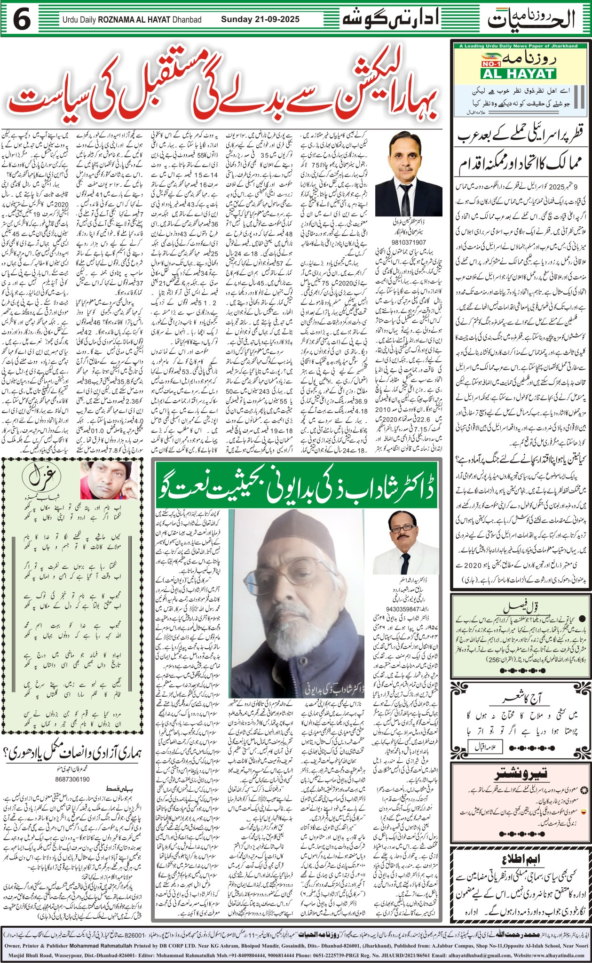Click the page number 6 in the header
pyautogui.click(x=22, y=20)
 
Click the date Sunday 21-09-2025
pyautogui.click(x=260, y=20)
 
